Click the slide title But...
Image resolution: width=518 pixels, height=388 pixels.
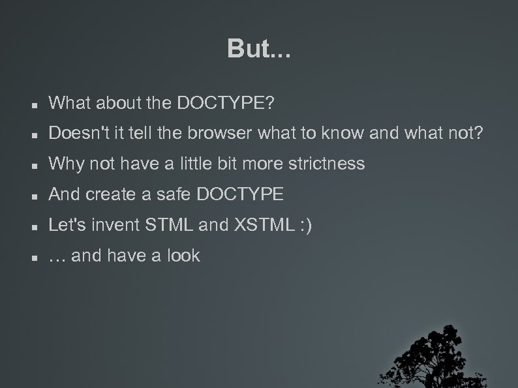pyautogui.click(x=259, y=48)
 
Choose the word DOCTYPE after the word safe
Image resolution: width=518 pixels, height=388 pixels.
pyautogui.click(x=239, y=194)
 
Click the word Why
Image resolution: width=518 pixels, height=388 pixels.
pyautogui.click(x=65, y=164)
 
